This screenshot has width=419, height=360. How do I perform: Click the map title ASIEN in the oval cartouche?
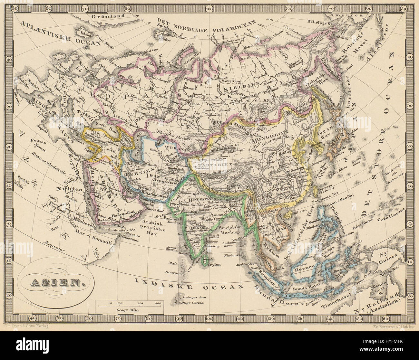(56, 284)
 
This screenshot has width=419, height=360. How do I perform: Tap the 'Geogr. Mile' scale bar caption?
(128, 308)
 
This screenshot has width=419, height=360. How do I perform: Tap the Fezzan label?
(36, 141)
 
